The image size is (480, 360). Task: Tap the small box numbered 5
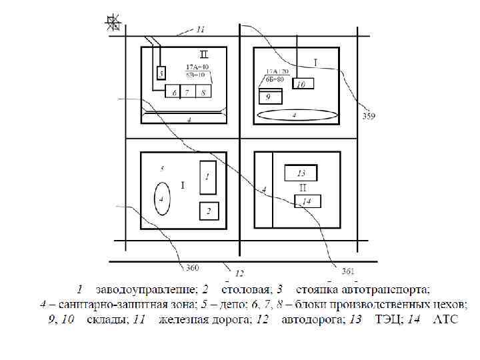point(160,73)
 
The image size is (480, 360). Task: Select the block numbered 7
point(187,92)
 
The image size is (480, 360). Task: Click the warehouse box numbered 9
point(270,96)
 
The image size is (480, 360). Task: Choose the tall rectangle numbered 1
point(207,177)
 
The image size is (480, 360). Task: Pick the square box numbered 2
point(209,211)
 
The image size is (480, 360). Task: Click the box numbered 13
point(301,173)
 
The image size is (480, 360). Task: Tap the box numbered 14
point(307,201)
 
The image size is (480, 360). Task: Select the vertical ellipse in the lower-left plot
point(161,199)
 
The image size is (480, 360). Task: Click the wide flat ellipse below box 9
point(295,115)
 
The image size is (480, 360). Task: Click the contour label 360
point(192,268)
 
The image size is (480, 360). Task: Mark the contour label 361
point(347,271)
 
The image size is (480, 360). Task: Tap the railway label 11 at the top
point(201,29)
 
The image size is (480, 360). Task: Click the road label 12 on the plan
point(239,273)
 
